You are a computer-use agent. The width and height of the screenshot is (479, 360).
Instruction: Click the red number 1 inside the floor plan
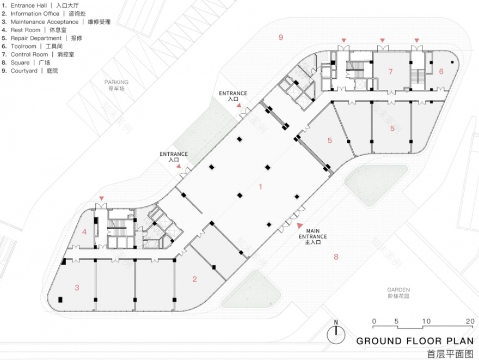tap(261, 187)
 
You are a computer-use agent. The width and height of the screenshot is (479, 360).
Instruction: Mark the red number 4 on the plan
tap(84, 231)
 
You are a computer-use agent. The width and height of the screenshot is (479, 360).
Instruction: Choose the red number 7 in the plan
tap(390, 71)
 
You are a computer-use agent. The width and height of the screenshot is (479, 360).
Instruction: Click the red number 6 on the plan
tap(441, 71)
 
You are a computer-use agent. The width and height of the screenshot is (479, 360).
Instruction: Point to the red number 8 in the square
tap(336, 257)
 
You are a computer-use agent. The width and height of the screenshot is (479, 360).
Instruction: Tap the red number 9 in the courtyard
tap(280, 37)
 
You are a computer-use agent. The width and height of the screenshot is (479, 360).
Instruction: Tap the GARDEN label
tap(398, 290)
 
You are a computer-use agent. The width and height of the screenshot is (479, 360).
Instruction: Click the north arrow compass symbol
tap(336, 332)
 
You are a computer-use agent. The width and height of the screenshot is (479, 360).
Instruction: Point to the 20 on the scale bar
tap(470, 321)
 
